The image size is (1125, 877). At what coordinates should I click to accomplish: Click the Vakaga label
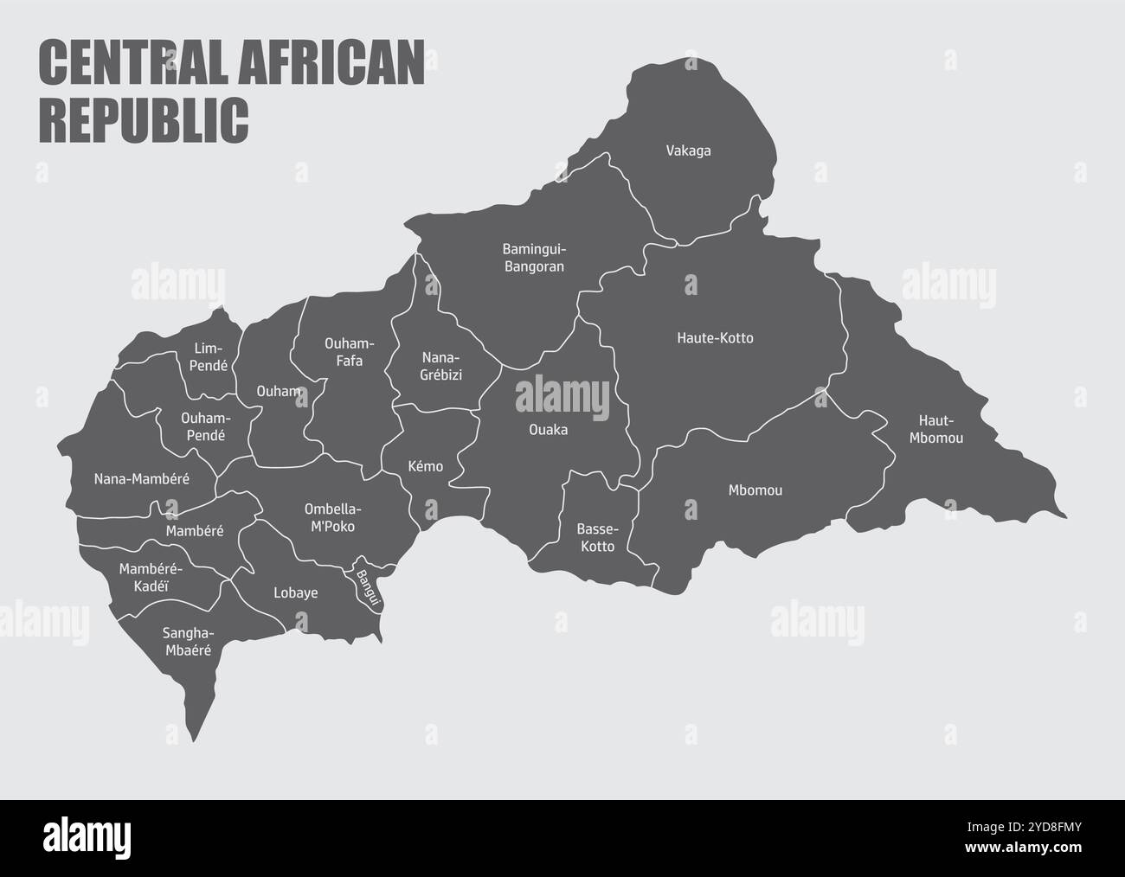click(x=688, y=151)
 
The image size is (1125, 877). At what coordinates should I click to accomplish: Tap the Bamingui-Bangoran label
click(x=533, y=258)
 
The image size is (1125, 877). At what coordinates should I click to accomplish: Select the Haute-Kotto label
click(x=715, y=338)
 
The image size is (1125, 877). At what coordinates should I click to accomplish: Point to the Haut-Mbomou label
click(x=935, y=429)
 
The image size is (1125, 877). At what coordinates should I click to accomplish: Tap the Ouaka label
click(x=549, y=429)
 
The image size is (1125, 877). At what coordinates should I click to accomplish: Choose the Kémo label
click(x=425, y=467)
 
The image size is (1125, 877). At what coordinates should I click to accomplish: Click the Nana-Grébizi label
click(x=442, y=366)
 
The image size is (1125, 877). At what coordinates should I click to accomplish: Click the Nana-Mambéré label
click(x=141, y=478)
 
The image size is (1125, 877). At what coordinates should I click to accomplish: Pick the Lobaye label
click(x=295, y=593)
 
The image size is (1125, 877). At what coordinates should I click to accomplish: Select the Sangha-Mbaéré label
click(x=187, y=641)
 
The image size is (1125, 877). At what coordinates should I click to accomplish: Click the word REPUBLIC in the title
click(x=144, y=119)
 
